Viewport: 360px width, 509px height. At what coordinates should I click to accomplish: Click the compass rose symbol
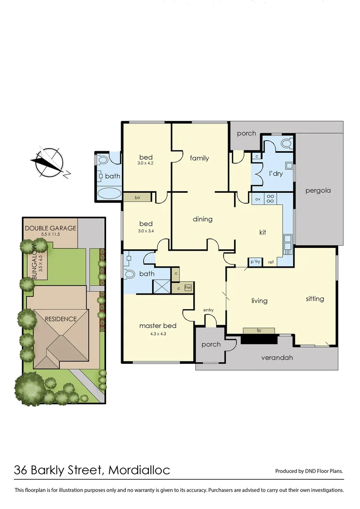(48, 162)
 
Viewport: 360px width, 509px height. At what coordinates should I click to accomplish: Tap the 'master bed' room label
(158, 326)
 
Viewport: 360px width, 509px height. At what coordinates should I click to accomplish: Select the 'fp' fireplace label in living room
(259, 331)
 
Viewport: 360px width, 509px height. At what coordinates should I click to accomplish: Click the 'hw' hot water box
(188, 287)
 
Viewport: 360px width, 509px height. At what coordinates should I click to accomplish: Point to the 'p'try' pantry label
(255, 262)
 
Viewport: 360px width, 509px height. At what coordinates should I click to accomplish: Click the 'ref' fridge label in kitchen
(271, 262)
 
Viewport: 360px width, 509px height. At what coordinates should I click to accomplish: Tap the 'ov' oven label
(258, 199)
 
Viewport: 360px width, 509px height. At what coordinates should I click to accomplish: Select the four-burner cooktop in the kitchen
(271, 199)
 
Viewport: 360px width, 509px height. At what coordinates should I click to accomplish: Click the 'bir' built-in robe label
(138, 197)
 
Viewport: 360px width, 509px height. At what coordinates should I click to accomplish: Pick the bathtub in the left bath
(109, 193)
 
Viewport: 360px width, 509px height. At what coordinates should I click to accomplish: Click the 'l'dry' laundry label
(276, 173)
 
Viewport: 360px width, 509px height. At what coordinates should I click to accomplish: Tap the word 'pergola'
(318, 191)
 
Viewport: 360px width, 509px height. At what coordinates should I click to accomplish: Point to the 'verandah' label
(277, 358)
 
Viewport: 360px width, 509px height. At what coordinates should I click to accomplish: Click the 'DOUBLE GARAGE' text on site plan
(50, 228)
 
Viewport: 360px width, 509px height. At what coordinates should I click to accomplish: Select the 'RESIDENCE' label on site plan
(61, 319)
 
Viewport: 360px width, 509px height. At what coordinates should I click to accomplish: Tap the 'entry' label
(208, 310)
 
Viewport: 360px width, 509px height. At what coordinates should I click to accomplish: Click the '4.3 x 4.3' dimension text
(158, 334)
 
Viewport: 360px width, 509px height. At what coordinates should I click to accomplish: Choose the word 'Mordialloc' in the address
(139, 470)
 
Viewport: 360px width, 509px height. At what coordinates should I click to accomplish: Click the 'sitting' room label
(315, 299)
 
